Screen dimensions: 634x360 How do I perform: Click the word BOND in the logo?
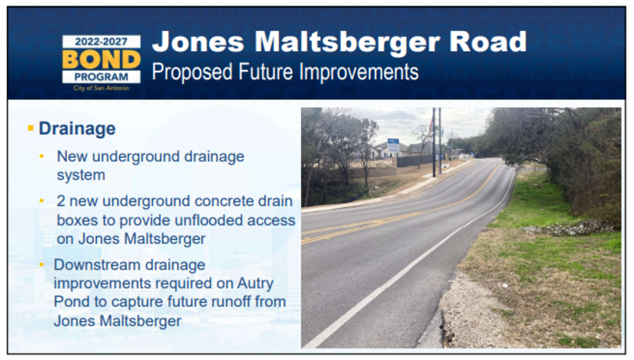(101, 60)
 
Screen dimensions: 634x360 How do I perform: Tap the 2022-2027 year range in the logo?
(101, 42)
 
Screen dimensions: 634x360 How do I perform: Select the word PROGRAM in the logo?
(101, 77)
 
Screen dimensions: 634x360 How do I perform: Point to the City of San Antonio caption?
(101, 87)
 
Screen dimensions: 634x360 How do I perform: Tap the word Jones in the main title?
(198, 42)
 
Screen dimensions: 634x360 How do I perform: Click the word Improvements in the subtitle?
(359, 72)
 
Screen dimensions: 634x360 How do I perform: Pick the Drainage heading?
(77, 129)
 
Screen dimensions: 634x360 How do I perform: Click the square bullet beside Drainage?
(30, 128)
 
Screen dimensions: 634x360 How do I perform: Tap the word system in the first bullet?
(81, 176)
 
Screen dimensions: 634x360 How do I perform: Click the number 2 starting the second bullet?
(61, 201)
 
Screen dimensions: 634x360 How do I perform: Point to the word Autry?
(255, 284)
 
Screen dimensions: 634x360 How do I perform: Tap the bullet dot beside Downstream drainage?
(42, 265)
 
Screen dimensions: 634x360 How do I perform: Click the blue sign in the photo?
(393, 145)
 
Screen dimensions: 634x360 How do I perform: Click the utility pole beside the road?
(434, 142)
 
